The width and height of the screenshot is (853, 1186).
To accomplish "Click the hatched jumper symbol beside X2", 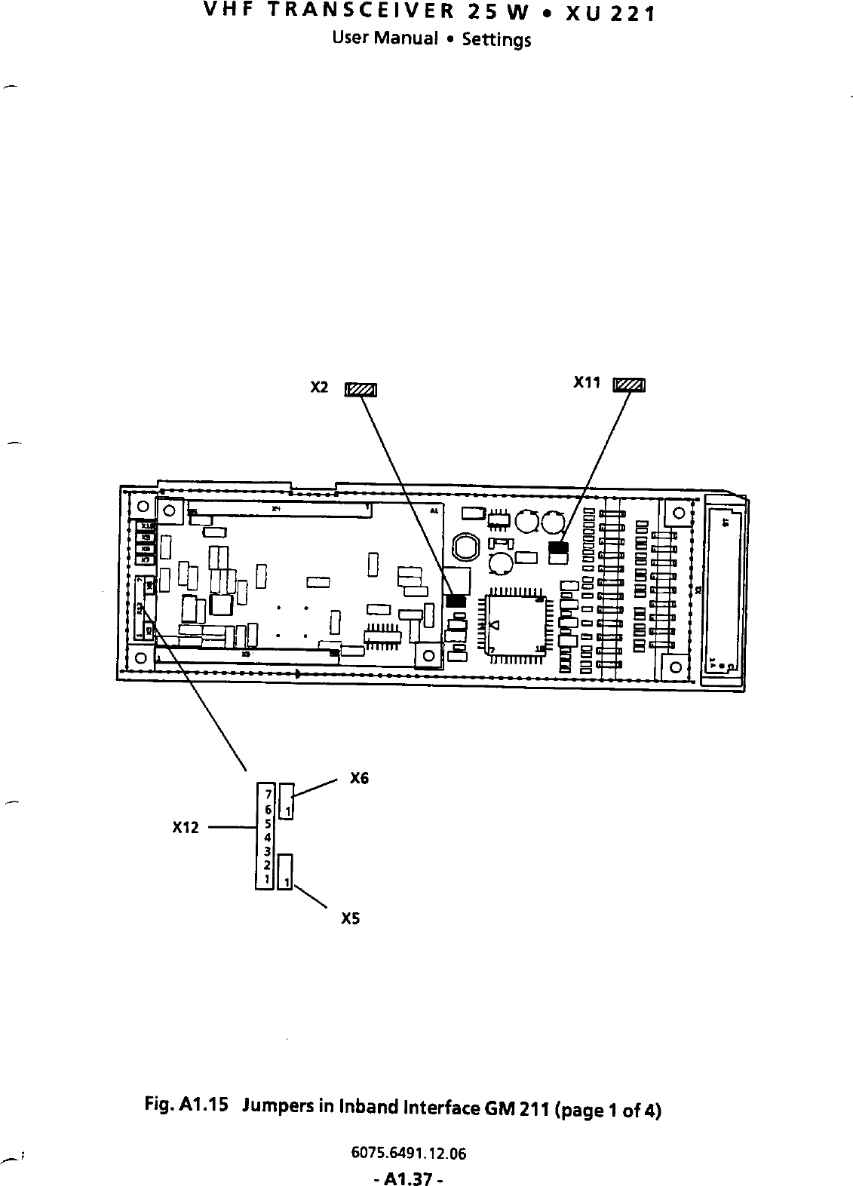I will pyautogui.click(x=361, y=390).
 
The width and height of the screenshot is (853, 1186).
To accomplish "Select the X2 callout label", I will pyautogui.click(x=320, y=388).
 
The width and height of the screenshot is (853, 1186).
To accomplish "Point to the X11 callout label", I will pyautogui.click(x=587, y=383).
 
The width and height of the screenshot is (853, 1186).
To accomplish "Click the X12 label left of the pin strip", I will pyautogui.click(x=186, y=827).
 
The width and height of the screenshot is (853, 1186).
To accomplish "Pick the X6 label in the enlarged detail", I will pyautogui.click(x=360, y=779).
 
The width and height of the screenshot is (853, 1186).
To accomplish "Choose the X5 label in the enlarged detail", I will pyautogui.click(x=351, y=919).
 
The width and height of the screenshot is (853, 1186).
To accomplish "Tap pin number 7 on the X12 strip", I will pyautogui.click(x=267, y=794).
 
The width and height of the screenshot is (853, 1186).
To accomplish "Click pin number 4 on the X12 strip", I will pyautogui.click(x=267, y=836).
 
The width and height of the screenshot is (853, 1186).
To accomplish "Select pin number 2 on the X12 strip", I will pyautogui.click(x=267, y=865).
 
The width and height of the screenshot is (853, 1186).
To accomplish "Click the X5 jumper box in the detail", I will pyautogui.click(x=286, y=872).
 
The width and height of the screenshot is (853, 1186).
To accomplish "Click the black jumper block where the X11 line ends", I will pyautogui.click(x=557, y=547).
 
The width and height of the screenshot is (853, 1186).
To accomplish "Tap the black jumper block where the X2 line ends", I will pyautogui.click(x=455, y=601).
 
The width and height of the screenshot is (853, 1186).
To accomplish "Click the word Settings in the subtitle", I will pyautogui.click(x=496, y=39).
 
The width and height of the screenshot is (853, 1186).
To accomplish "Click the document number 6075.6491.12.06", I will pyautogui.click(x=409, y=1154).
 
